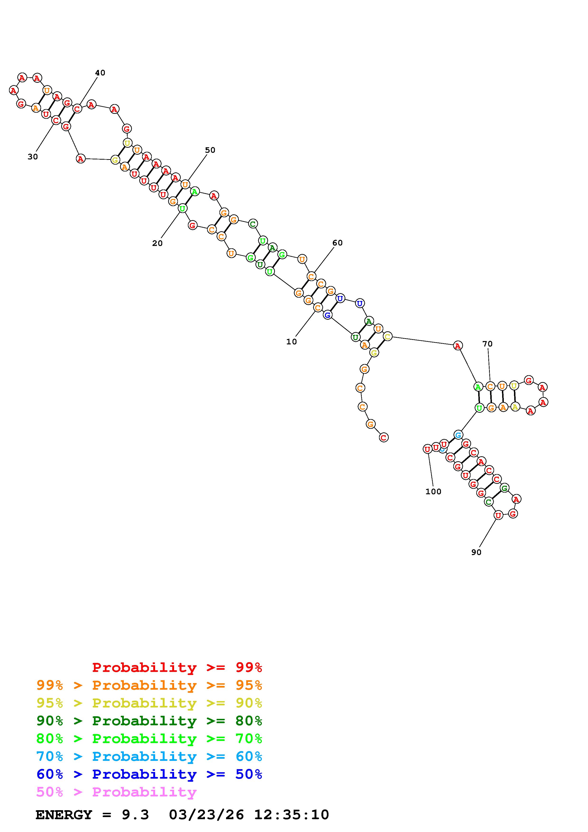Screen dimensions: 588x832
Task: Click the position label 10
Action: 291,342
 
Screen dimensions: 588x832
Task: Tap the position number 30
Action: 32,157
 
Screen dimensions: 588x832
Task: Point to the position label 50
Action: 210,150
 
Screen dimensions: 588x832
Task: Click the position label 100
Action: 433,492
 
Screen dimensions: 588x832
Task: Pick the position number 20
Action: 157,244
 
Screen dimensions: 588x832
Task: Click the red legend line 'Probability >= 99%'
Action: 177,667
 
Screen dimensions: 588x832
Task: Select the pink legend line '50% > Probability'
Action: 116,792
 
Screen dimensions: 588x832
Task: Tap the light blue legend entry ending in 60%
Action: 149,757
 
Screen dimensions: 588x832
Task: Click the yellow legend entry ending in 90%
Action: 149,703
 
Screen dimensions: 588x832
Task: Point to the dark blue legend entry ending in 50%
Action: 149,774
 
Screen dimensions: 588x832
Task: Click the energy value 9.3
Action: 135,815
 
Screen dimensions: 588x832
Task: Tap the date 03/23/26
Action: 207,815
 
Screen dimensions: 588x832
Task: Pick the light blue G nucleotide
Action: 458,435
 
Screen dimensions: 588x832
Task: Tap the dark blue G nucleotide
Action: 328,315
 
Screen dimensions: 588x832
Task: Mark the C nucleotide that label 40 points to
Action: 77,109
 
